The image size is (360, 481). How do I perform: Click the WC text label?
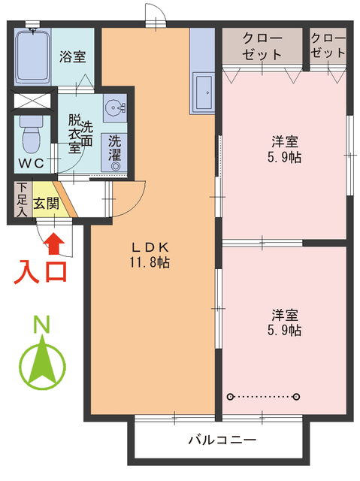coord(30,163)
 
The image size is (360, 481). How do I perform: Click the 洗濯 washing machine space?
coord(115,148)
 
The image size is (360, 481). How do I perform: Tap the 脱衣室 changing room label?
coord(75,133)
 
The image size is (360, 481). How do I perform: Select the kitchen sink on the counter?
coord(203,92)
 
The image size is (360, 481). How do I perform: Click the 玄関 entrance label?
coord(47,202)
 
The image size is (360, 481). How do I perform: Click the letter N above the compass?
coord(43,325)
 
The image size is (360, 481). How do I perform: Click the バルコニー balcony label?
coord(222,440)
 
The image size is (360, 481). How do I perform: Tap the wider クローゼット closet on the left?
coord(262,46)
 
